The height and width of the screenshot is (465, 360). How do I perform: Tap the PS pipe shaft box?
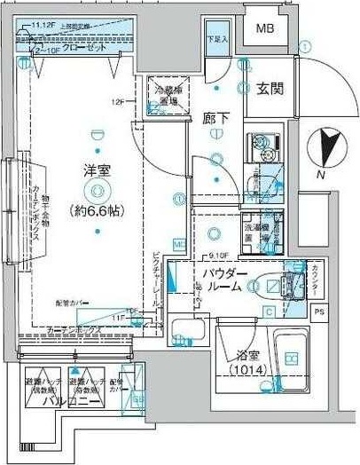[321, 311]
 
